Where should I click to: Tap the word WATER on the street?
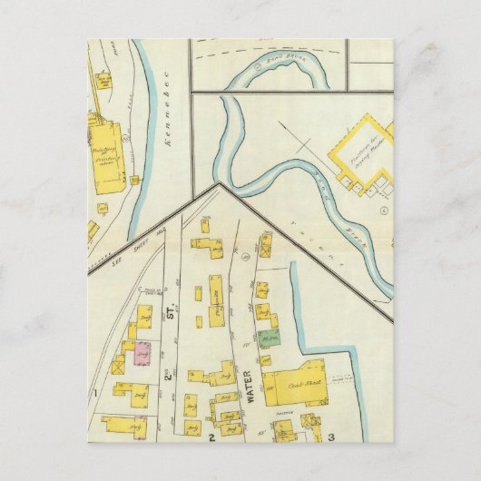(247, 387)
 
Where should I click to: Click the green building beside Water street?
(268, 339)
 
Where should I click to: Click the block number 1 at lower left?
(93, 393)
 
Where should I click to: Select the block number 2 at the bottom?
(211, 437)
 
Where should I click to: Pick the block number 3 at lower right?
(331, 437)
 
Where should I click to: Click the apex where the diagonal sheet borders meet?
(219, 184)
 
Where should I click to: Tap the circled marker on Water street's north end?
(245, 260)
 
